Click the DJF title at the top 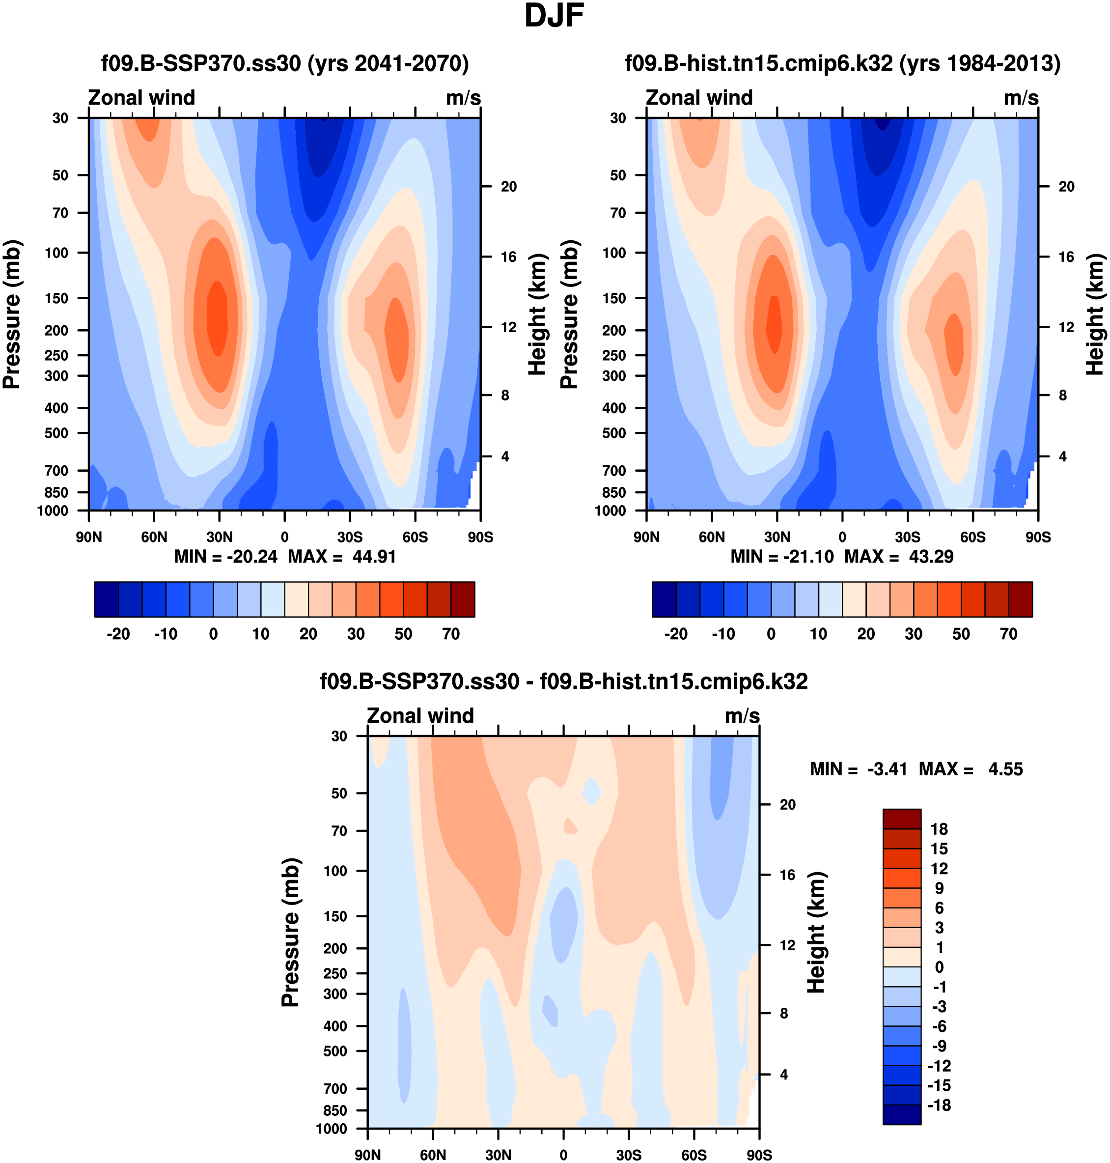point(554,16)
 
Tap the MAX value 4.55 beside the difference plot point(1005,769)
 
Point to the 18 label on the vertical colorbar point(939,829)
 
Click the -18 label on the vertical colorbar point(939,1105)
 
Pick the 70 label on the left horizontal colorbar point(451,634)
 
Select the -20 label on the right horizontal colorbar point(676,634)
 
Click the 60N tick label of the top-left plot point(154,538)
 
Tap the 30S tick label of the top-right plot point(908,538)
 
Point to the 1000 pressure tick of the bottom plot point(332,1129)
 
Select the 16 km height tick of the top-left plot point(509,257)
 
